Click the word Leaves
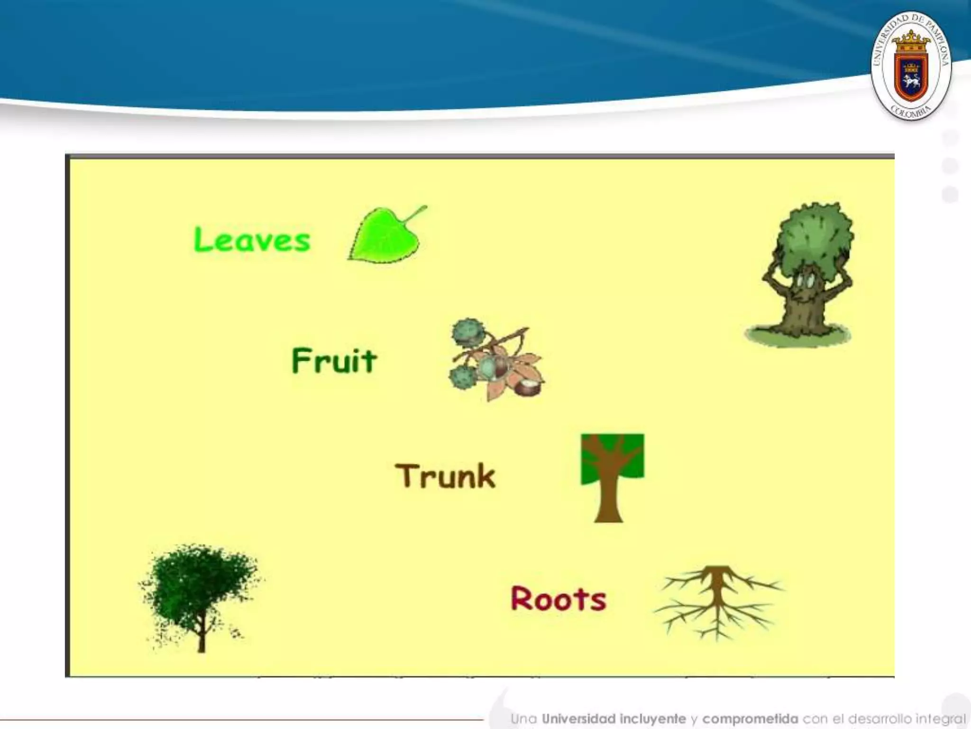coord(252,239)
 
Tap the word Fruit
coord(334,361)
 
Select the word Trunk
coord(445,476)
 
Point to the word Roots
coord(559,598)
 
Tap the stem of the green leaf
coord(415,215)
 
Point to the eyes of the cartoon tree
coord(806,282)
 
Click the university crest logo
coord(910,66)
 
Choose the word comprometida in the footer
coord(750,719)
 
